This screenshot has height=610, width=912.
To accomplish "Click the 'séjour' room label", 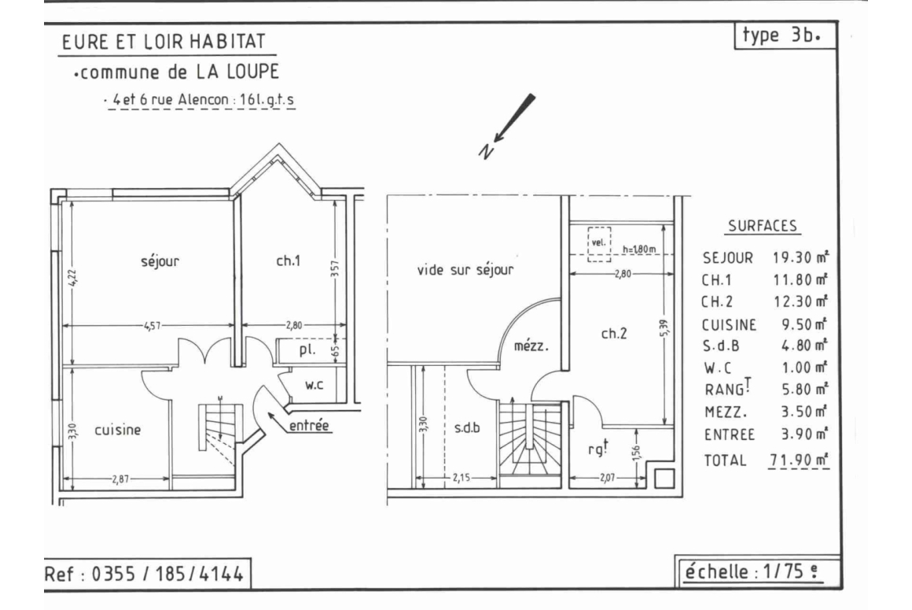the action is [x=160, y=261].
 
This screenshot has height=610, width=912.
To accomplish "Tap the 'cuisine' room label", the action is [x=117, y=430].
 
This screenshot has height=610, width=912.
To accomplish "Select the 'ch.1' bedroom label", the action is [x=288, y=261].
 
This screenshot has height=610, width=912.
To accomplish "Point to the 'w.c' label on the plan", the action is [x=314, y=385].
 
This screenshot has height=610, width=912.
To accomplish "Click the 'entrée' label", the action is [x=309, y=426].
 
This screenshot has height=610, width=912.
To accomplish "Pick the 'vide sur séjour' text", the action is [x=465, y=269].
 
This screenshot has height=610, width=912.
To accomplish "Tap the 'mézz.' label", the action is [x=531, y=346].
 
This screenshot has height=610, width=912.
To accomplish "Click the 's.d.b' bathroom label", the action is [x=467, y=428].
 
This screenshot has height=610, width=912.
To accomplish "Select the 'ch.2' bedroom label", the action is [x=613, y=333].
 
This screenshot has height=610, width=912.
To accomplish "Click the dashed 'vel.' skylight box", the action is [x=598, y=242].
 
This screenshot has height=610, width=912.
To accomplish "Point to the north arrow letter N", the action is [x=486, y=151].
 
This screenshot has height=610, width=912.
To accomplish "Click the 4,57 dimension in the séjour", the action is [x=152, y=325].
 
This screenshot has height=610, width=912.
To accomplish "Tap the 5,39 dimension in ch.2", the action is [x=665, y=327].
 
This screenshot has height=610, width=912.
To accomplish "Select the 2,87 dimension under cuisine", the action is [x=120, y=479].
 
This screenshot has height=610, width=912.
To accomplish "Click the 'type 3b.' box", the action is [x=785, y=35].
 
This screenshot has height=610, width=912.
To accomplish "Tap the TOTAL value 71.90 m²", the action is [x=799, y=460].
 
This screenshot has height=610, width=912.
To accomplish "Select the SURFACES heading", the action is [x=763, y=226].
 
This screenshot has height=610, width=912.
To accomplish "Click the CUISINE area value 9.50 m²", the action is [x=804, y=324].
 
